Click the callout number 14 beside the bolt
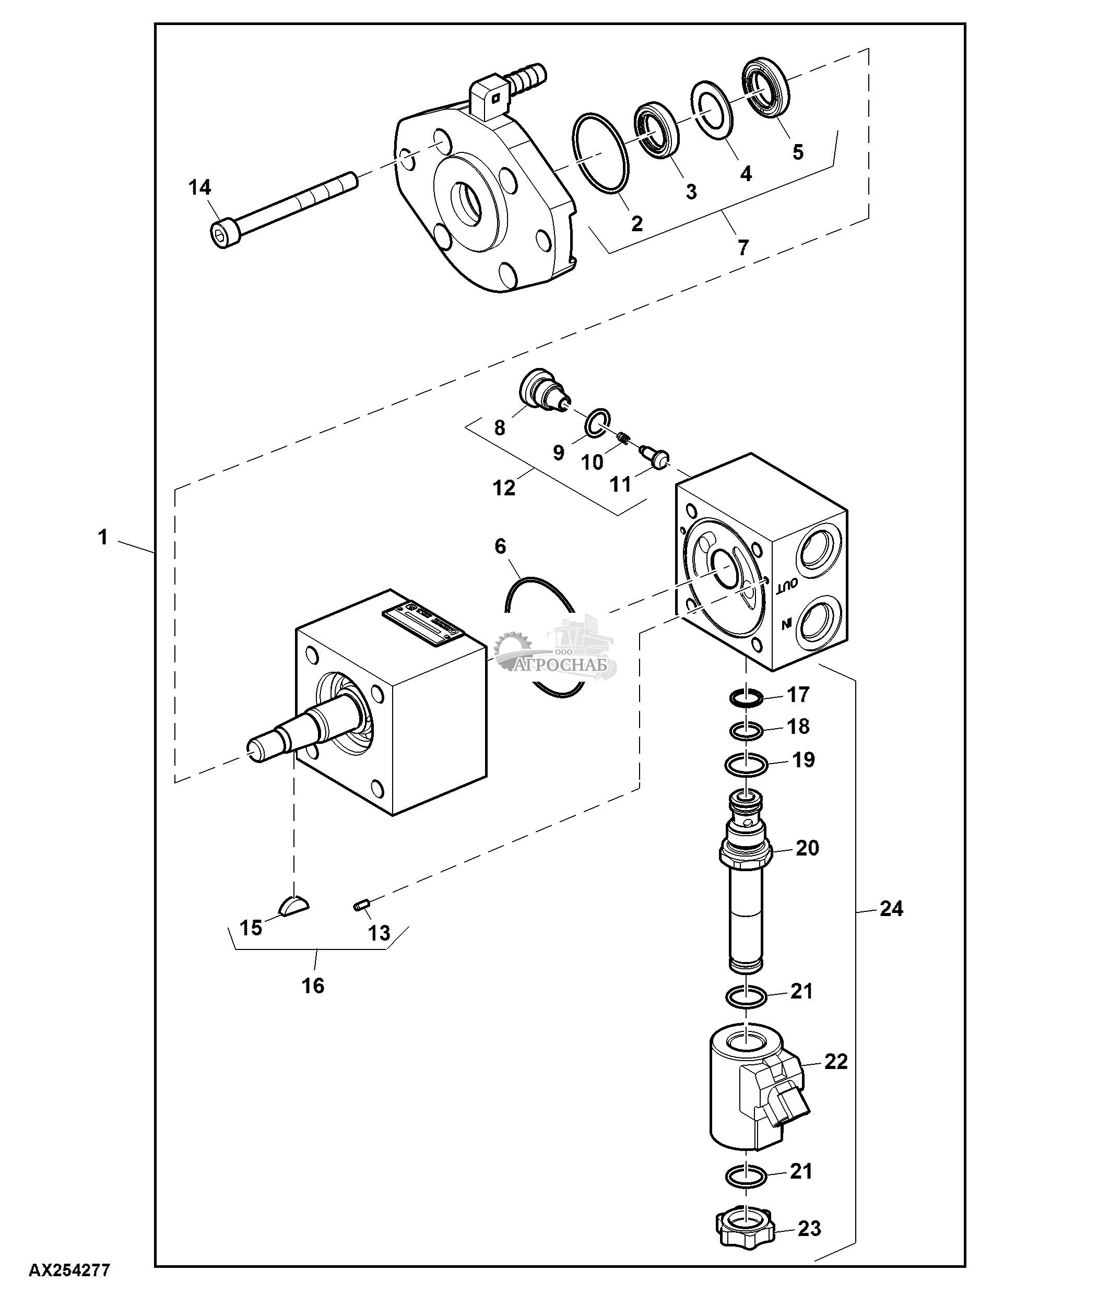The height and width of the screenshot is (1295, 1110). pos(200,187)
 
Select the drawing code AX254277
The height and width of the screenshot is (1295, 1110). pos(69,1270)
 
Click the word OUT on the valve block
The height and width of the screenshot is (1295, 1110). pos(786,585)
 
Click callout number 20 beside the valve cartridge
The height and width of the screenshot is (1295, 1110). pos(807,848)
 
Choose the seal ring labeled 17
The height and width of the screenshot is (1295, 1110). pos(746,697)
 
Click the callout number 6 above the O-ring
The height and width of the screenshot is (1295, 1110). pos(500,546)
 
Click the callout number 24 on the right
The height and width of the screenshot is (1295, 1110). pos(891,909)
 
